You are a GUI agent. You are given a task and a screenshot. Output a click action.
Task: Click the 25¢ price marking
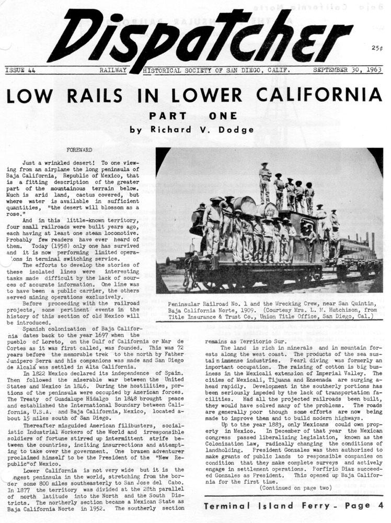point(376,48)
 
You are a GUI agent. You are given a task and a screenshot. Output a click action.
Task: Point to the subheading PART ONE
point(193,116)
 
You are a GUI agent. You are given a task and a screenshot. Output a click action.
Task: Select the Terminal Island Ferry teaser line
point(294,506)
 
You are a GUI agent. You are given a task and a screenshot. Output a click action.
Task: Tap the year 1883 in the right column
point(264,424)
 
